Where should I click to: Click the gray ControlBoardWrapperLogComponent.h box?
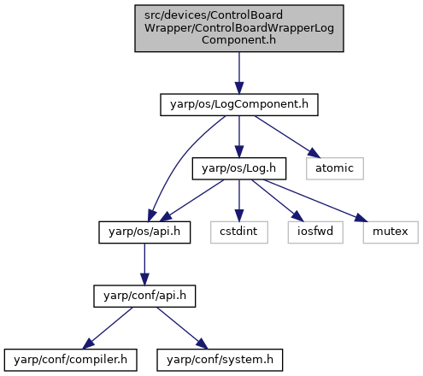point(239,28)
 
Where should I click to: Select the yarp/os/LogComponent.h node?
point(239,104)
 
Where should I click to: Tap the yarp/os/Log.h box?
point(239,168)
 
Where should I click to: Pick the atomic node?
point(335,168)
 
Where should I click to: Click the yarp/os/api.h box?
point(144,232)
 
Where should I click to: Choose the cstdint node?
point(239,232)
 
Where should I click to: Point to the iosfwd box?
point(315,232)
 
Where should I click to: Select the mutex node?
point(391,232)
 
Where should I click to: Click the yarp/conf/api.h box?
point(144,296)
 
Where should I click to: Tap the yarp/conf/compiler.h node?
point(70,360)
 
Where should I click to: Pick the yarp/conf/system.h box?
point(220,360)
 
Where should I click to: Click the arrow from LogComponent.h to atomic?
point(287,137)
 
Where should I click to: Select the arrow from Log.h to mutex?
point(315,201)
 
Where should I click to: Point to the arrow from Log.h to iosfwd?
point(278,201)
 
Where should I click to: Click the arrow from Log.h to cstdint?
point(239,201)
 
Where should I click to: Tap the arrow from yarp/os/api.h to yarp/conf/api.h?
point(144,264)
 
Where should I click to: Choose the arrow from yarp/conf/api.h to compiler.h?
point(108,328)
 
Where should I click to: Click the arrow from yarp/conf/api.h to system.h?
point(182,328)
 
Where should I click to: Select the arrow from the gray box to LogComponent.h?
point(239,73)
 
